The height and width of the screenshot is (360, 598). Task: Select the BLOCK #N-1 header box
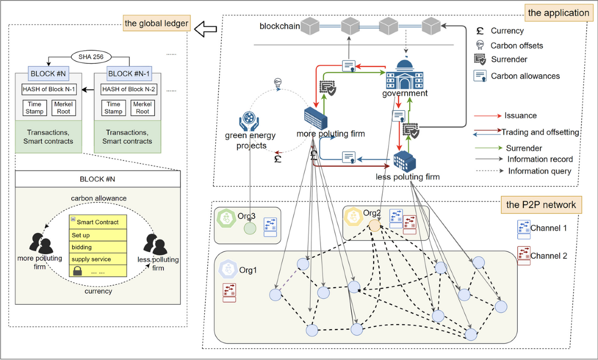(x=127, y=73)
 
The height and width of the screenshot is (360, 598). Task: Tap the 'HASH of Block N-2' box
(x=128, y=89)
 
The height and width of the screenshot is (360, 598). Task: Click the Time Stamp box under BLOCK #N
(x=34, y=108)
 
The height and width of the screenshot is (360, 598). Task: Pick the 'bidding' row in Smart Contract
(x=98, y=247)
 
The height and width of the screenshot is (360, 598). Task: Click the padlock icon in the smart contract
(x=77, y=271)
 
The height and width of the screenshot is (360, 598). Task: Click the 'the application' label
(x=558, y=13)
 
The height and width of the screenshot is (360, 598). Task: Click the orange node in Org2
(x=374, y=226)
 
